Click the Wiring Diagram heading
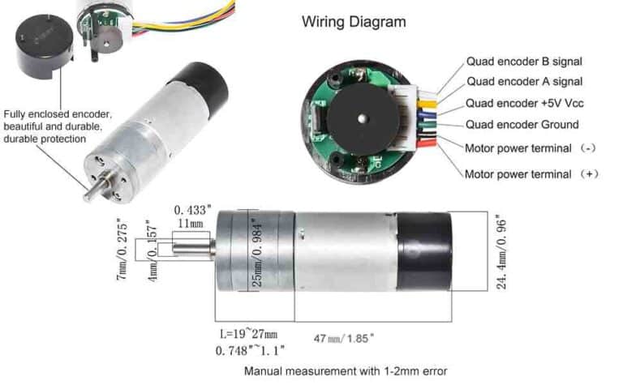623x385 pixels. click(x=353, y=22)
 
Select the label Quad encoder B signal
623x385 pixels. click(x=523, y=61)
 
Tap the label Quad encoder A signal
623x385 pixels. click(x=523, y=82)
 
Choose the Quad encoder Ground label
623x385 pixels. click(x=522, y=125)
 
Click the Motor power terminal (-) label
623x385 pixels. click(x=529, y=149)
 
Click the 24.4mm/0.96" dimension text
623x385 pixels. click(x=503, y=251)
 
